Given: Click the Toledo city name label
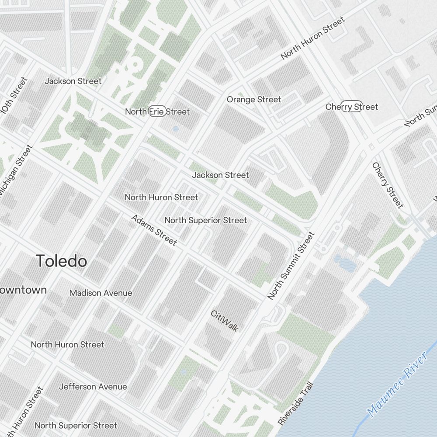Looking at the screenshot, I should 62,261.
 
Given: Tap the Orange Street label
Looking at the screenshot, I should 254,100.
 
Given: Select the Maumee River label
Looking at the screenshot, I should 397,384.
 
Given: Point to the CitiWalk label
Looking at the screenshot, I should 225,321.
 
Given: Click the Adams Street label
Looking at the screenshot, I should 154,230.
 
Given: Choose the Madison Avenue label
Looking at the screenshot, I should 101,293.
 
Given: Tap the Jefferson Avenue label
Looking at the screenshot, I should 93,387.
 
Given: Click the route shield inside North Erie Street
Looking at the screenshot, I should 157,111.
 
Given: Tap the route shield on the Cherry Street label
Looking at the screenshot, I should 352,107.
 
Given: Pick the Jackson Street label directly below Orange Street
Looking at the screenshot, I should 220,175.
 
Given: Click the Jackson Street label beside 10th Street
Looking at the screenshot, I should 73,81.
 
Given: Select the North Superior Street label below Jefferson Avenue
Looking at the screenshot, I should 76,425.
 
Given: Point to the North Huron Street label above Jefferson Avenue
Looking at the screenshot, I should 67,344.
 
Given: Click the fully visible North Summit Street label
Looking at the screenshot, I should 291,266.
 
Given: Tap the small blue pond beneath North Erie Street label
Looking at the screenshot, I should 176,129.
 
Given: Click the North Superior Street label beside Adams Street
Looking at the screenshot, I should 205,220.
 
